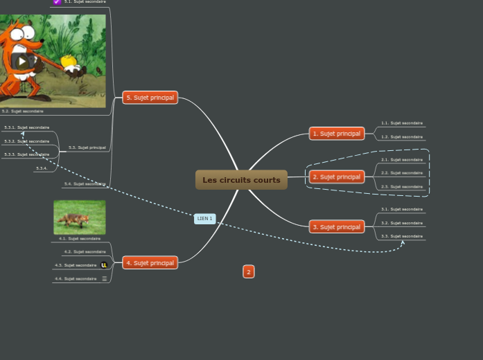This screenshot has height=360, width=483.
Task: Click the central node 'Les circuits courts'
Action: click(x=241, y=180)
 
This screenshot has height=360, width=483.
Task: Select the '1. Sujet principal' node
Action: click(x=336, y=134)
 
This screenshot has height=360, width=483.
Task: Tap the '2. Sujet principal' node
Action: click(x=336, y=177)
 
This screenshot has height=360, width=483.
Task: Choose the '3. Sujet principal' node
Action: click(x=336, y=227)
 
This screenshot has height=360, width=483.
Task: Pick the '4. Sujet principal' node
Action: click(x=150, y=263)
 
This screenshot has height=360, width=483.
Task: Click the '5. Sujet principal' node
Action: click(x=150, y=98)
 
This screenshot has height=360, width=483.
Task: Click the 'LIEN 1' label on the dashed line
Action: click(x=204, y=219)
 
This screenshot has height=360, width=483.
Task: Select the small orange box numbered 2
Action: click(x=249, y=272)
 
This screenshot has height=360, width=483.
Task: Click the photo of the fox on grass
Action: click(x=80, y=217)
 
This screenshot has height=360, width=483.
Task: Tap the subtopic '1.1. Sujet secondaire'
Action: click(x=402, y=123)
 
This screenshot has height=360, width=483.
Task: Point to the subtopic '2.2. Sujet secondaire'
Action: click(x=402, y=173)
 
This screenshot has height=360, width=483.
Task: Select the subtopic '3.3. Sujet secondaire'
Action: click(x=402, y=237)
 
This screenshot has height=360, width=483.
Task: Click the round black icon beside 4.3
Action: click(x=105, y=265)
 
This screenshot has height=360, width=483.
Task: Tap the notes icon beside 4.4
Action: click(x=105, y=279)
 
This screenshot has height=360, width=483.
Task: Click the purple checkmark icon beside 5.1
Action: click(x=57, y=2)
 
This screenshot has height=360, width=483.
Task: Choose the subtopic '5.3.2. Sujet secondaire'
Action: click(x=26, y=141)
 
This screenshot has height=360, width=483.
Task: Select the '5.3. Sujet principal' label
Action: click(x=87, y=147)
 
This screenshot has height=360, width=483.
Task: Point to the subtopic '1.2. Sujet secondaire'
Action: click(x=402, y=137)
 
